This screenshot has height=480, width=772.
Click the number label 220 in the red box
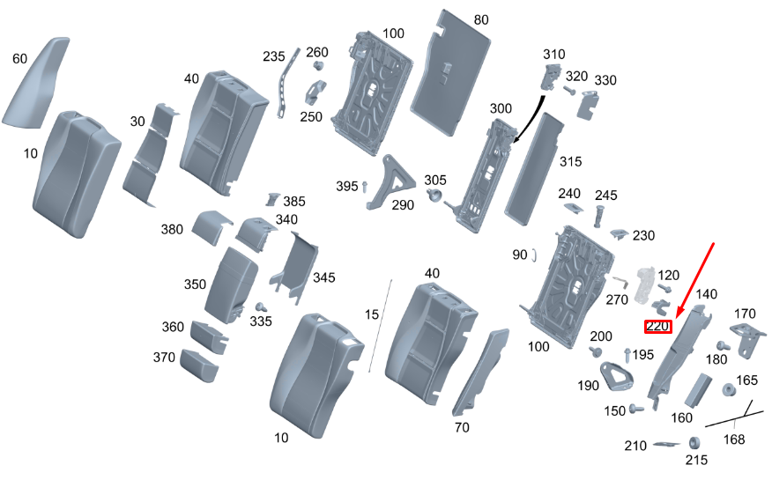[658, 327]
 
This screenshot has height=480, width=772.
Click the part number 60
[20, 59]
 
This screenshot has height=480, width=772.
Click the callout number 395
[347, 186]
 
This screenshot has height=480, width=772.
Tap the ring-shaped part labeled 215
[694, 442]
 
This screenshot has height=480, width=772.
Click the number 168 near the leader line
[733, 439]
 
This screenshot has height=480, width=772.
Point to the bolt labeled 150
[636, 410]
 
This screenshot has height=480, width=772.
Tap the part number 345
[323, 277]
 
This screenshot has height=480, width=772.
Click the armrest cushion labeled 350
[230, 283]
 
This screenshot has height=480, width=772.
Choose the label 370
[164, 357]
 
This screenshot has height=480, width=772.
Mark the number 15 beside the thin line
[371, 314]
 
